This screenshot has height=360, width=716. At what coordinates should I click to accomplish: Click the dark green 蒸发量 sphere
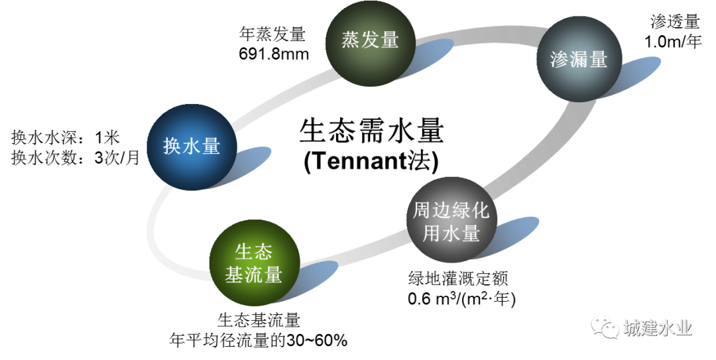(371, 41)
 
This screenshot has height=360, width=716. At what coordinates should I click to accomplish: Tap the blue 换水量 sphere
(192, 147)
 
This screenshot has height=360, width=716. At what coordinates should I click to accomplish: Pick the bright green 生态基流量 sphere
(254, 263)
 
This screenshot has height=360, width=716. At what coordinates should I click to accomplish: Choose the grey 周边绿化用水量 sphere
(451, 221)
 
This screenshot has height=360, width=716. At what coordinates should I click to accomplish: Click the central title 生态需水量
(371, 131)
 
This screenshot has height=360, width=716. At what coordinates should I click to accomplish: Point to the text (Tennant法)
(371, 161)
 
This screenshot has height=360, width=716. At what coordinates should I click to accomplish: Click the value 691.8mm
(274, 54)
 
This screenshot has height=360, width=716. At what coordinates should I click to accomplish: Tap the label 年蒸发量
(272, 34)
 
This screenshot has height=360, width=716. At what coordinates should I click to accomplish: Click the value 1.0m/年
(673, 42)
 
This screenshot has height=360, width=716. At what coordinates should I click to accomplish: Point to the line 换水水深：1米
(65, 137)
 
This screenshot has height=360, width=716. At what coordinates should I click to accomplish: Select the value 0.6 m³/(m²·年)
(461, 299)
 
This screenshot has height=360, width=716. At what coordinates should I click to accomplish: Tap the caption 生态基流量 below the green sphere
(259, 320)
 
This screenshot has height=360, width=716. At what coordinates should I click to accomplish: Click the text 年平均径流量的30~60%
(258, 340)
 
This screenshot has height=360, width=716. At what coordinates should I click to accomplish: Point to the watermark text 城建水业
(658, 328)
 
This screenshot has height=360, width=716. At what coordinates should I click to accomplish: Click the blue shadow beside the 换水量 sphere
(244, 164)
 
